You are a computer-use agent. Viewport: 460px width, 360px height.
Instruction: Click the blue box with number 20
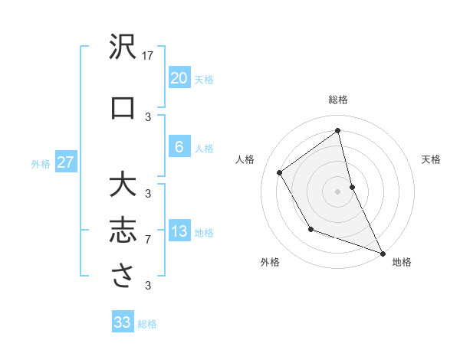click(179, 78)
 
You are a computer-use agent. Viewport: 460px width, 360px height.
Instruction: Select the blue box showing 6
click(179, 147)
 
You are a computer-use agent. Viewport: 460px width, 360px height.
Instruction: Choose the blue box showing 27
click(66, 162)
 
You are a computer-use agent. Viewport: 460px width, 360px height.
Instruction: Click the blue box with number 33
click(122, 322)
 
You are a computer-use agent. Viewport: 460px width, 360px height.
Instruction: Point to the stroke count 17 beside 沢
click(149, 56)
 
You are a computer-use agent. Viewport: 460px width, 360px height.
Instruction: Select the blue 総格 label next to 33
click(147, 324)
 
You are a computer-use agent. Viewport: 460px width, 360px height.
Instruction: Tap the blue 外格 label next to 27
click(41, 164)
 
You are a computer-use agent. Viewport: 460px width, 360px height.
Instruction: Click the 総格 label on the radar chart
click(338, 100)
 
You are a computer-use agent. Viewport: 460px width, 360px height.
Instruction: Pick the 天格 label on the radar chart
click(431, 159)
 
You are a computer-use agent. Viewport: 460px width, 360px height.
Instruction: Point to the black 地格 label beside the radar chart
click(402, 262)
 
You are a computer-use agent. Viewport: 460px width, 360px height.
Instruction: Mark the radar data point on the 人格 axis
click(280, 172)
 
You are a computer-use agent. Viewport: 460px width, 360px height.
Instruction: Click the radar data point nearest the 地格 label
click(383, 253)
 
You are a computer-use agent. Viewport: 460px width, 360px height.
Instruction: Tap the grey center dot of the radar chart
click(337, 191)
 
